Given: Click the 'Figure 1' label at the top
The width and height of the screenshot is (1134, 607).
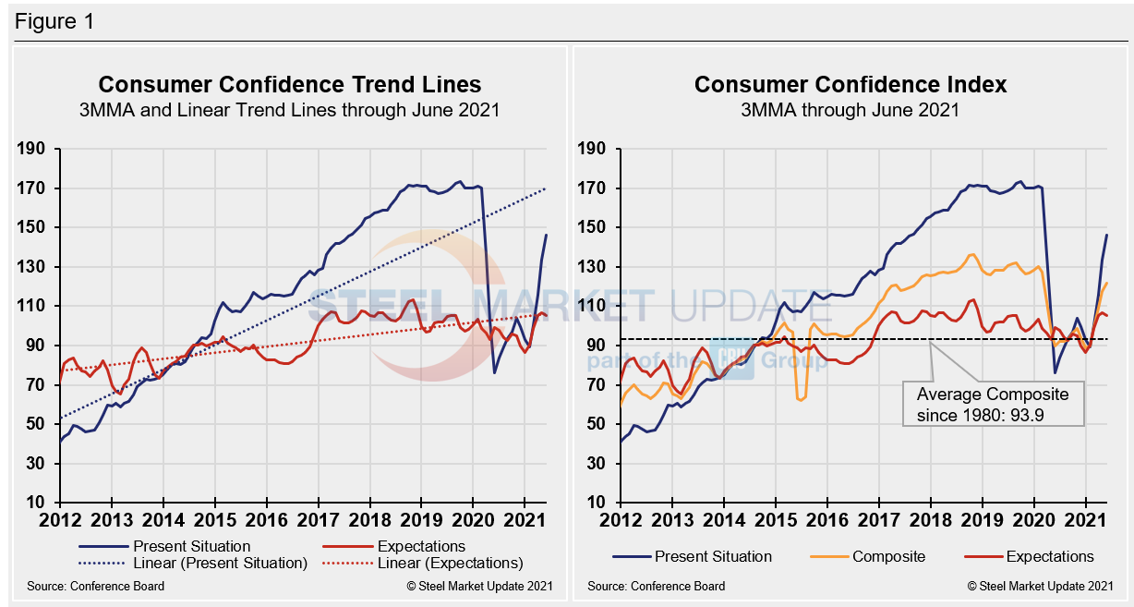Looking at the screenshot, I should pos(54,21).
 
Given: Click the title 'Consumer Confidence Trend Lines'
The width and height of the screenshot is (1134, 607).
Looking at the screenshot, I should pos(290,84).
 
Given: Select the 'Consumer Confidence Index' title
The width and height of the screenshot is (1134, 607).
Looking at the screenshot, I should pos(850,84).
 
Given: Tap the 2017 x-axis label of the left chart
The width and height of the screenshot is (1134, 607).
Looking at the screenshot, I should pos(318,520).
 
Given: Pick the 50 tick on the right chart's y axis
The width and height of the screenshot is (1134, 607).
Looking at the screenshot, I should pos(597,424).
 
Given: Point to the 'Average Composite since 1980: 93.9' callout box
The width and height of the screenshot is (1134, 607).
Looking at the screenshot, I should pos(992,403).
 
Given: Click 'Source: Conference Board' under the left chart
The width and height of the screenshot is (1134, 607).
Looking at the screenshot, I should pos(96,586).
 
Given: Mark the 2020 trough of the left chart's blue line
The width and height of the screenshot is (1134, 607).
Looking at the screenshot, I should pos(494,372).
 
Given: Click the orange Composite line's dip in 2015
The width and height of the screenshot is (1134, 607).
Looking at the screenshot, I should pos(800,399).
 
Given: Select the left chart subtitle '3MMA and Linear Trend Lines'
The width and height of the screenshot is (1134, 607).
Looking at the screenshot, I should pos(290,110).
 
